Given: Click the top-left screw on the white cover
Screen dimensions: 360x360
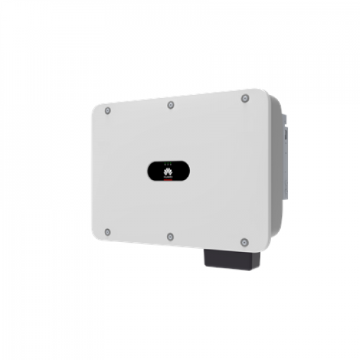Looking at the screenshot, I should pyautogui.click(x=108, y=110).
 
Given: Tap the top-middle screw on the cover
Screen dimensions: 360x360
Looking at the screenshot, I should pyautogui.click(x=171, y=105).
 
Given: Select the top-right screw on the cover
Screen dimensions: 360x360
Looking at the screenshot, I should pyautogui.click(x=245, y=98).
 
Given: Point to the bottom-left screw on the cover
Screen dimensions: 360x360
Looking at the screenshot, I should pyautogui.click(x=108, y=232).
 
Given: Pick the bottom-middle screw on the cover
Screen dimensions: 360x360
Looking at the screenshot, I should pyautogui.click(x=170, y=236).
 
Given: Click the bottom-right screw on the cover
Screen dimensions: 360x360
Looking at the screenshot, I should pyautogui.click(x=244, y=242).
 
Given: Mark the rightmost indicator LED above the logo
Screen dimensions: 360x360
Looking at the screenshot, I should pyautogui.click(x=170, y=164).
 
